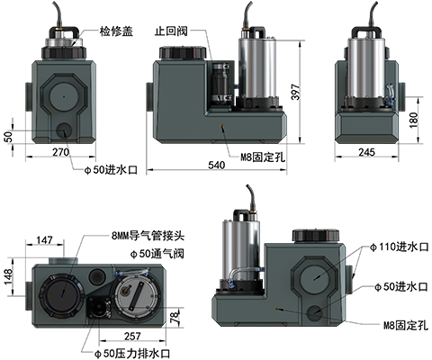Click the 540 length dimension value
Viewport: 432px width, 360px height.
click(x=217, y=165)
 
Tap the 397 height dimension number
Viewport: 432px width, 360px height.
click(x=295, y=92)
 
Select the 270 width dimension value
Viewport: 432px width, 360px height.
click(x=61, y=152)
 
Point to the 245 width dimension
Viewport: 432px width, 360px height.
click(x=366, y=152)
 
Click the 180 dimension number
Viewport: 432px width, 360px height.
click(x=414, y=120)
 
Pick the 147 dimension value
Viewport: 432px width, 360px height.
click(x=44, y=240)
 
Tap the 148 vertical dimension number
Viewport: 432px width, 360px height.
click(x=8, y=276)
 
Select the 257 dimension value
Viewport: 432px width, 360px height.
click(x=132, y=336)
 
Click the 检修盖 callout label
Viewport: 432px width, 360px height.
click(x=116, y=31)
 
